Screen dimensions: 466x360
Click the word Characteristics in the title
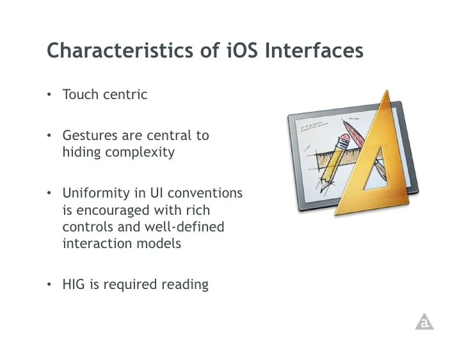pos(120,50)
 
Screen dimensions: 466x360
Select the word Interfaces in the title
pos(314,50)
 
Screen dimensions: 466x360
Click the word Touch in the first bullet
pos(80,95)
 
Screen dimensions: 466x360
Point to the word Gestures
pos(90,136)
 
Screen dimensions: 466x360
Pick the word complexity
pos(140,153)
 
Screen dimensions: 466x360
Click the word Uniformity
pos(96,194)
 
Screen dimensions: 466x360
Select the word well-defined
pos(184,227)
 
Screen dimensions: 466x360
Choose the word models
pos(159,244)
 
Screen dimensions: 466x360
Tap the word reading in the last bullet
pos(185,285)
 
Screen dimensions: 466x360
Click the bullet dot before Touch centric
pos(49,95)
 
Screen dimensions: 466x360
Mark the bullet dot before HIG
pos(49,285)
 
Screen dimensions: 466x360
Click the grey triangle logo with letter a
pos(424,322)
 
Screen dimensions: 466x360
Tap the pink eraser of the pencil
pos(345,139)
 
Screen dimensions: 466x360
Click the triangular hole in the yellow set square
pos(376,172)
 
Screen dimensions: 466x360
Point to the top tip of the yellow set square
pos(387,90)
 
